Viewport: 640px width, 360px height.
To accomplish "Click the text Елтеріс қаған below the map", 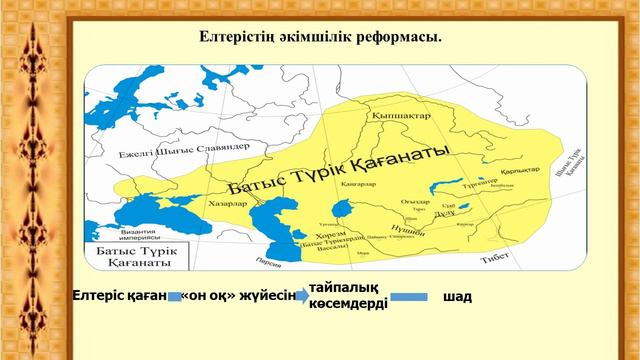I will pos(118,297).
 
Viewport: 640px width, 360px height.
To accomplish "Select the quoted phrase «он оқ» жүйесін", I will pos(240,297).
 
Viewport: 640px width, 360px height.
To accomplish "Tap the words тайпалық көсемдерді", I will pos(348,296).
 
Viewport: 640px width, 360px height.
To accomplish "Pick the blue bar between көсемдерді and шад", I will pos(408,298).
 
